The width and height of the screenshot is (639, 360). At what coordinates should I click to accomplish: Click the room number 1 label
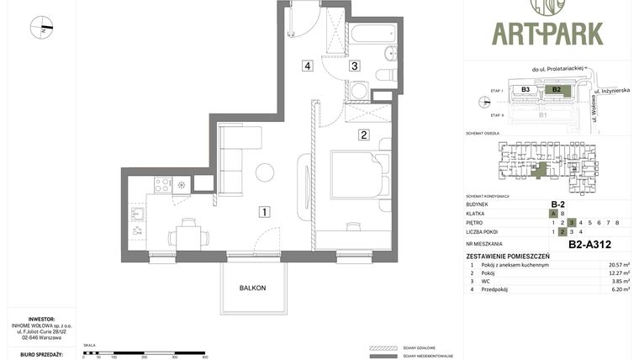[264, 212]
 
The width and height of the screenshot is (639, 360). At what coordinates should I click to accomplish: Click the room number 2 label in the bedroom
[364, 134]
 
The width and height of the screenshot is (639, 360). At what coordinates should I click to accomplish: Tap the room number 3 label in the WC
[355, 66]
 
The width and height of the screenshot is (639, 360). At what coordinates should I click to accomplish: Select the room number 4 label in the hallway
[309, 66]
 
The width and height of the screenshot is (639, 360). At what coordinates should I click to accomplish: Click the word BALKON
[252, 288]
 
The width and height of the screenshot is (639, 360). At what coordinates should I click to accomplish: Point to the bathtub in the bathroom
[371, 35]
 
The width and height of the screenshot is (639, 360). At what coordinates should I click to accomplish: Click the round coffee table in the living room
[265, 172]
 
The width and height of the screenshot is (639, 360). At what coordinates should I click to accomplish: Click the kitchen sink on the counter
[138, 213]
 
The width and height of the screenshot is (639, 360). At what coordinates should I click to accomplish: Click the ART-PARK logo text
[547, 34]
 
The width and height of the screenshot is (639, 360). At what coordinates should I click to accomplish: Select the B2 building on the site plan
[556, 89]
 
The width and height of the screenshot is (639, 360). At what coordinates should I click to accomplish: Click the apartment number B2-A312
[589, 246]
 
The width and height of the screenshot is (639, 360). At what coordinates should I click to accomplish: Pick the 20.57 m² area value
[619, 265]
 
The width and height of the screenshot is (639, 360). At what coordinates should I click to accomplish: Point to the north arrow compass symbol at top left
[41, 28]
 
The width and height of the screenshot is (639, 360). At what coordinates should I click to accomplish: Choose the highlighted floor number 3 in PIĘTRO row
[571, 223]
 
